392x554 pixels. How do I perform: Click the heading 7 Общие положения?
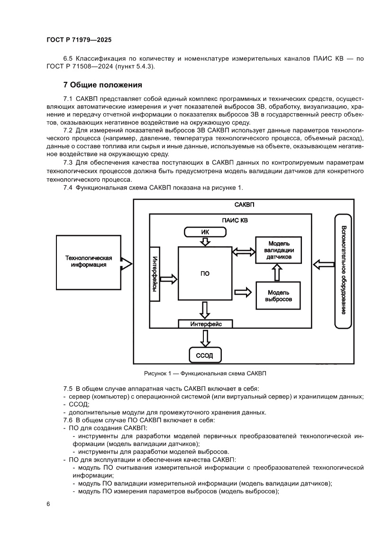(102, 85)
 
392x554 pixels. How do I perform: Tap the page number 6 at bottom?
(49, 504)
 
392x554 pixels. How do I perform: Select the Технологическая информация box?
(88, 261)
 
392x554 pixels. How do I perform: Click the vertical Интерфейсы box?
(155, 274)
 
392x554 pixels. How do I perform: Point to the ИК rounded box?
(205, 232)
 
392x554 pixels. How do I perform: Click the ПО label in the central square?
(205, 273)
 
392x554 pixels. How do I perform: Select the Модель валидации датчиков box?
(279, 250)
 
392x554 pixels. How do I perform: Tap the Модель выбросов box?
(279, 296)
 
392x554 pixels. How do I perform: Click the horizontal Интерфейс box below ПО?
(205, 324)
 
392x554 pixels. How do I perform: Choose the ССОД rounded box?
(205, 354)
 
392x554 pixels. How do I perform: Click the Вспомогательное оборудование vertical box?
(343, 271)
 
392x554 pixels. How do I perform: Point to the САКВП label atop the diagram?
(245, 205)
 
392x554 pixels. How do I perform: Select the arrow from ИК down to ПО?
(205, 241)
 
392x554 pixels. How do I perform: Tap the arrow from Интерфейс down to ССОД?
(205, 338)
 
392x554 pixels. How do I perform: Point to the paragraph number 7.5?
(69, 388)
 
